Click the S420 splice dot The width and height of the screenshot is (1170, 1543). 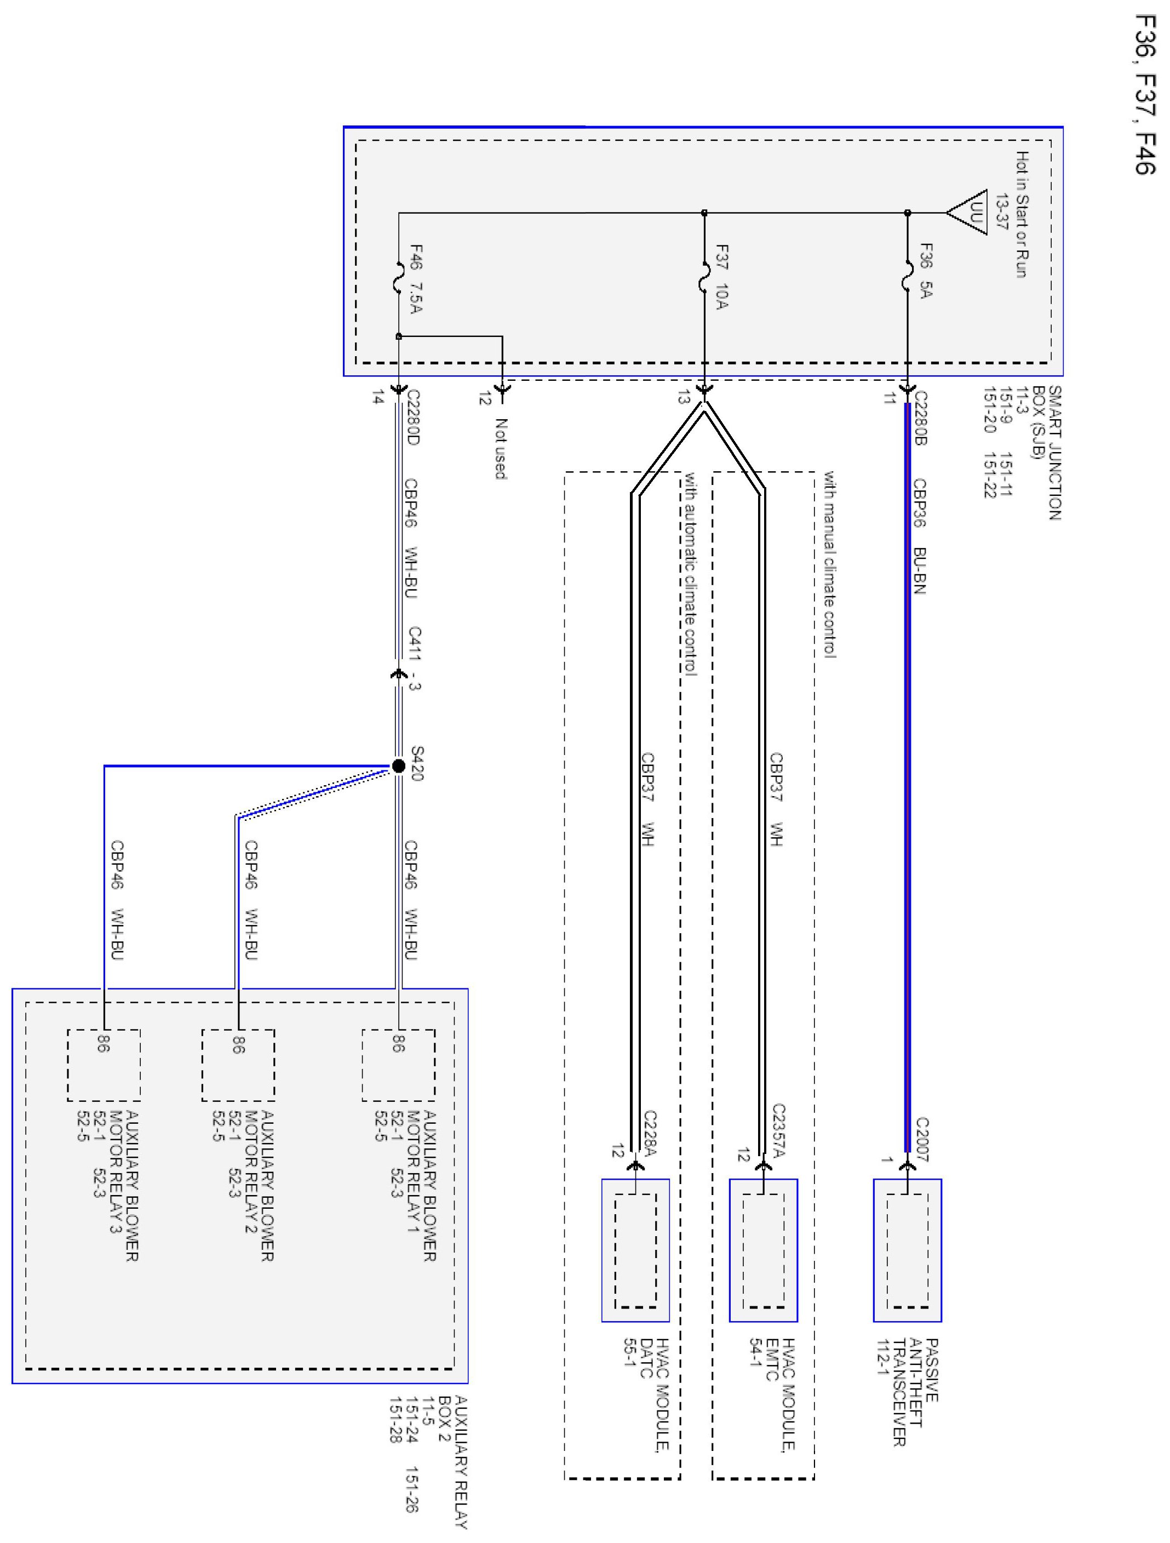(398, 766)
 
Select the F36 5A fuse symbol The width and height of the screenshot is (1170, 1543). (907, 276)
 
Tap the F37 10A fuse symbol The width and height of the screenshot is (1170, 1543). (703, 276)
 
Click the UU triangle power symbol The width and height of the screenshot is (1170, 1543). (968, 212)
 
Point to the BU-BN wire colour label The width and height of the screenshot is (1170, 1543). (920, 570)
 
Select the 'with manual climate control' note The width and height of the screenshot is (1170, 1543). (830, 564)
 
